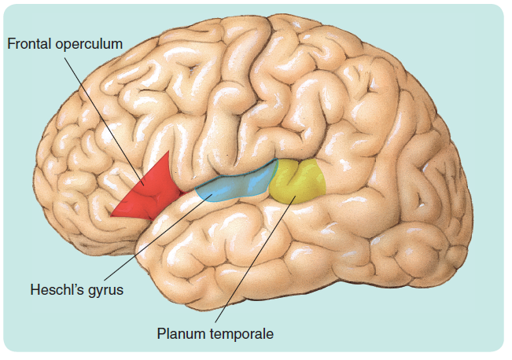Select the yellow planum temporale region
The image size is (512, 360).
299,179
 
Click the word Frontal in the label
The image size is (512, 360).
30,44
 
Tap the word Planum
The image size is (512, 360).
178,334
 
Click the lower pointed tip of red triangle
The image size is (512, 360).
112,215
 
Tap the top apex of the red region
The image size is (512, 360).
167,152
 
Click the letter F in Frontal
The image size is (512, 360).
11,44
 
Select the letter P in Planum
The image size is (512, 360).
161,334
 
